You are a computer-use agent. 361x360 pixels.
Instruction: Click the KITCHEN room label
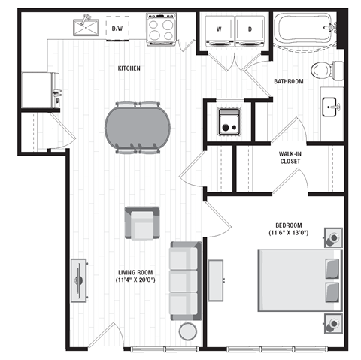(129, 68)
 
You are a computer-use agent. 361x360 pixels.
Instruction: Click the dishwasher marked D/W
(117, 29)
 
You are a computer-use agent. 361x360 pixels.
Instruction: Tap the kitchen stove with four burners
(159, 29)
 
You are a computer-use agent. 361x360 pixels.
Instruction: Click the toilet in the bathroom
(323, 71)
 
